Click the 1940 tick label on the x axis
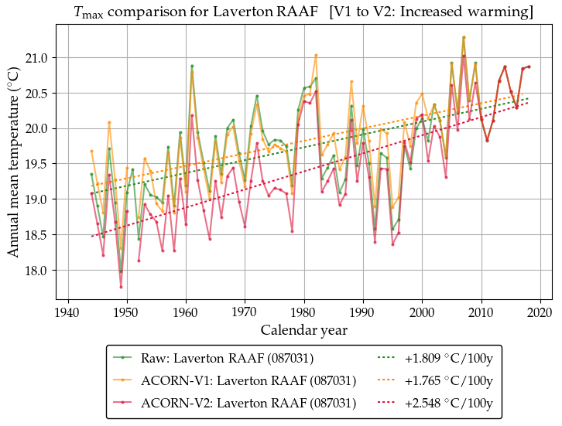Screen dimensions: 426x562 pyautogui.click(x=69, y=312)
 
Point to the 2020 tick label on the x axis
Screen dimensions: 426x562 pyautogui.click(x=540, y=312)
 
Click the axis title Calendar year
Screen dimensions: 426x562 pyautogui.click(x=303, y=330)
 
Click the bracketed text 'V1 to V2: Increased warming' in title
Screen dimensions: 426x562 pyautogui.click(x=431, y=12)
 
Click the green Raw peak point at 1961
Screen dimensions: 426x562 pyautogui.click(x=192, y=66)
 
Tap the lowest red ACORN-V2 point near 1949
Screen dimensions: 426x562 pyautogui.click(x=122, y=287)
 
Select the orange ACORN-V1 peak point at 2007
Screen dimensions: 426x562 pyautogui.click(x=464, y=37)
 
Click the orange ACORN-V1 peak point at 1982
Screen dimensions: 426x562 pyautogui.click(x=316, y=55)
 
